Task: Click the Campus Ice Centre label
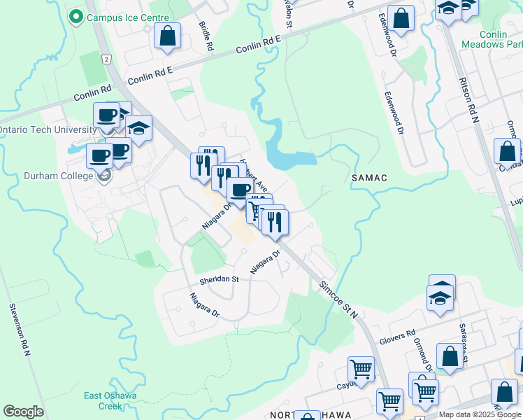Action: point(128,17)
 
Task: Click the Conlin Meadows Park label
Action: point(491,38)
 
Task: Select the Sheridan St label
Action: point(220,279)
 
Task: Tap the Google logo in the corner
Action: point(23,412)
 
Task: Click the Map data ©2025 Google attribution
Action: point(480,414)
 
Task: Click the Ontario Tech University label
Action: point(48,130)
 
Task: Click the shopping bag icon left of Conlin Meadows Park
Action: point(401,19)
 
